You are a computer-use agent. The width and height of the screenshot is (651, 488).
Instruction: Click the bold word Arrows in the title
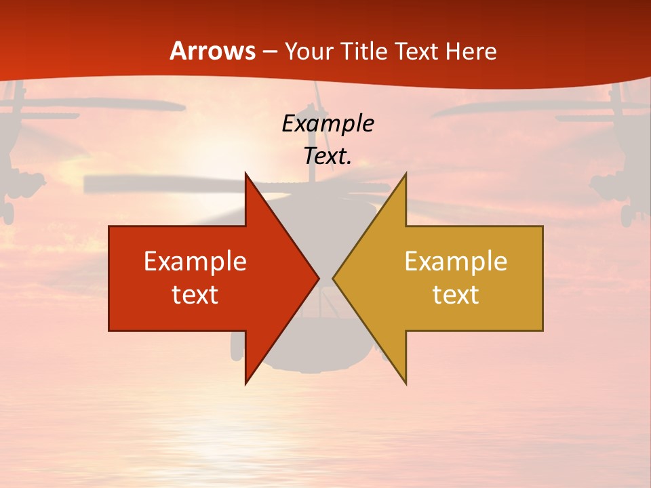pos(213,51)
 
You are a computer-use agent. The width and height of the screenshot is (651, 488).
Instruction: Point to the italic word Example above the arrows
pos(328,124)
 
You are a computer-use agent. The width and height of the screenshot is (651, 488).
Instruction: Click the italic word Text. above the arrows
pos(328,157)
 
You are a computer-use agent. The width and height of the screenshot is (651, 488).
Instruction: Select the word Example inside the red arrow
pos(195,262)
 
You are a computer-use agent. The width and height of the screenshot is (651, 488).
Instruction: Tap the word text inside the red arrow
pos(195,295)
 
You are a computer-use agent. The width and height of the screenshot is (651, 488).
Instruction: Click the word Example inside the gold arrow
pos(456,262)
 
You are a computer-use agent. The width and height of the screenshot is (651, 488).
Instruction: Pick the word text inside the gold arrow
pos(456,295)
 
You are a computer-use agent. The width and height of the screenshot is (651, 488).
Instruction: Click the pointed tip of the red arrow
pos(317,278)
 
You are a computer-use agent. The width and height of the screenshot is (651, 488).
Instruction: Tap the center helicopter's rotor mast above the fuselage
pos(314,136)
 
